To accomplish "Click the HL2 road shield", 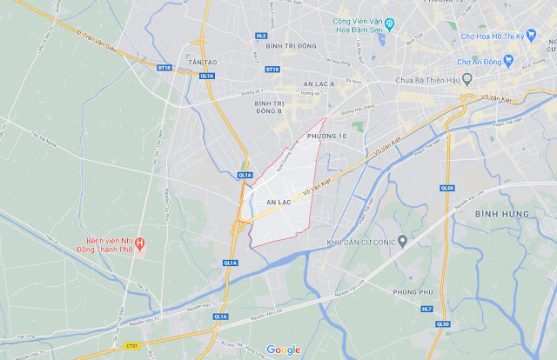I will pyautogui.click(x=261, y=36).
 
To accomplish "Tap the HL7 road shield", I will pyautogui.click(x=426, y=309).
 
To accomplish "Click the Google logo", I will pyautogui.click(x=284, y=350).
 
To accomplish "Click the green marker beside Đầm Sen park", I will pyautogui.click(x=390, y=23).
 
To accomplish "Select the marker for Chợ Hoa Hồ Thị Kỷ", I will pyautogui.click(x=454, y=37).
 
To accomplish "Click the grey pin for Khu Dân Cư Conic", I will pyautogui.click(x=402, y=240).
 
